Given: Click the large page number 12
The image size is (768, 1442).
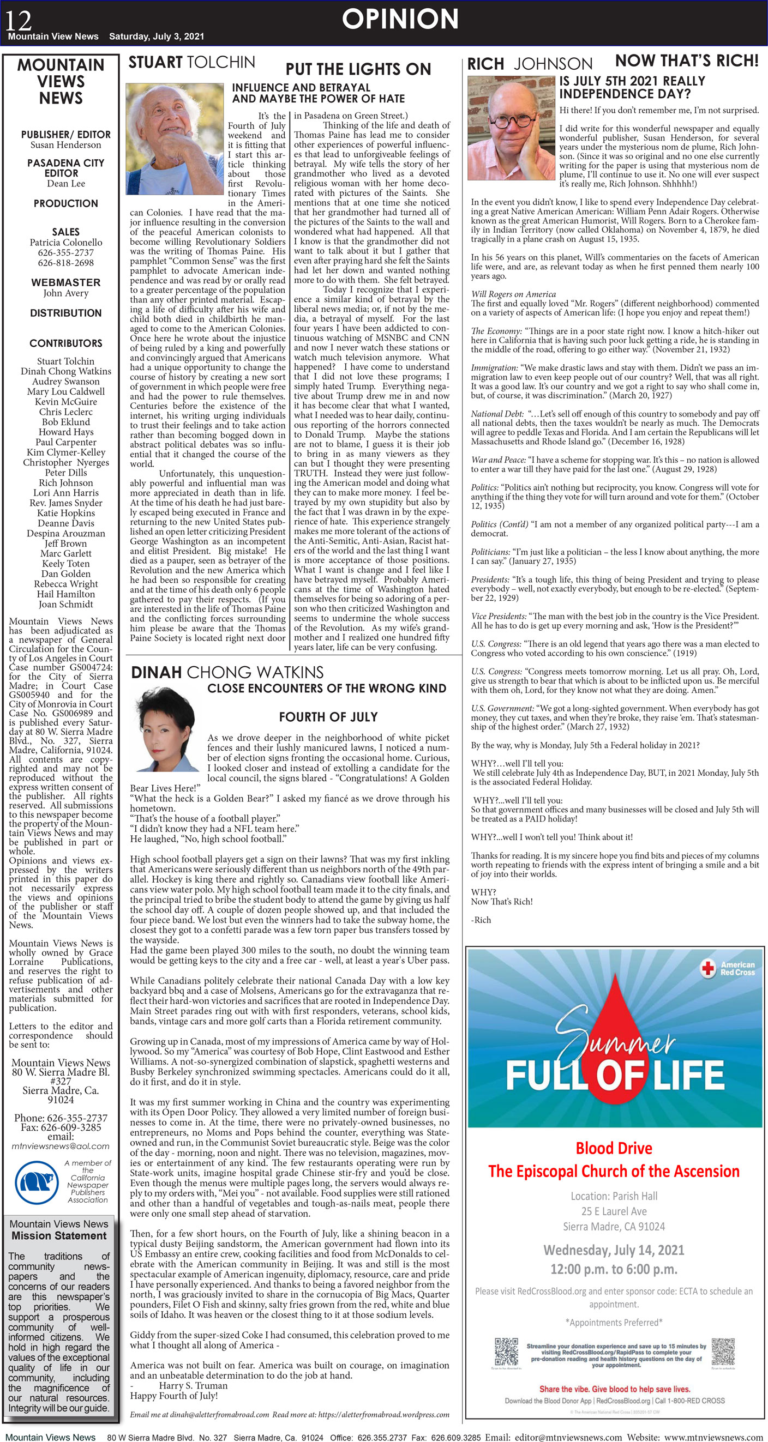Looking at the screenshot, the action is point(19,20).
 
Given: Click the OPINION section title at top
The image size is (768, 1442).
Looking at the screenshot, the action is point(400,19).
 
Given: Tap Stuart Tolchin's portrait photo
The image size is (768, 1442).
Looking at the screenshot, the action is point(175,138).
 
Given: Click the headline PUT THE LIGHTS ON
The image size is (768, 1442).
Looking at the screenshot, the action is point(358,69).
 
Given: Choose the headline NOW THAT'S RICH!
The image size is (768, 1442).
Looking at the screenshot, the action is point(686,61).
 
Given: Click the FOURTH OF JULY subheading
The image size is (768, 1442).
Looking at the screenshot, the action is point(328,716).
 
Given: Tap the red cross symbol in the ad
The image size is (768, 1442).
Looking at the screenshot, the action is point(708,968).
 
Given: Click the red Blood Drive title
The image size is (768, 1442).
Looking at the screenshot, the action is point(614,1148).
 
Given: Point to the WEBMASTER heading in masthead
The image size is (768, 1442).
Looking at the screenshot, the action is point(65,282).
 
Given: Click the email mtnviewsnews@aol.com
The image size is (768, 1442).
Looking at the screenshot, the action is point(61,1146).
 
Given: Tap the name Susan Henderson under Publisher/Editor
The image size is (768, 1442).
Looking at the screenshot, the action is point(65,144).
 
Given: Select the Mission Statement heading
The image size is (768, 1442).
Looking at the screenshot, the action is point(59,1235).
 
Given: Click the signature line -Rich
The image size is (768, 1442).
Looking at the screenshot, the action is point(481,920).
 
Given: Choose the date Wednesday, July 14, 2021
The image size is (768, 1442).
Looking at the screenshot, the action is point(614,1250).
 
